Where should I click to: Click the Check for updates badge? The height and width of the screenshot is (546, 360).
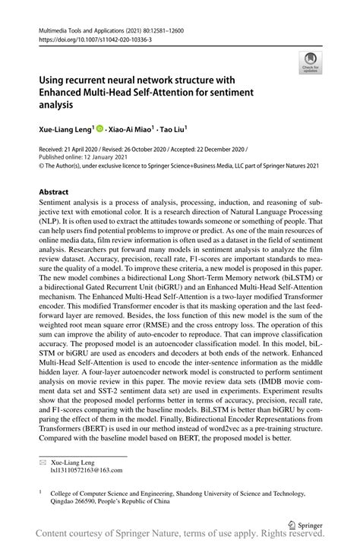tap(311, 64)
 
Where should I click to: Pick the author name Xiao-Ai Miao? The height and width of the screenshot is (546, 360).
tap(131, 131)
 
